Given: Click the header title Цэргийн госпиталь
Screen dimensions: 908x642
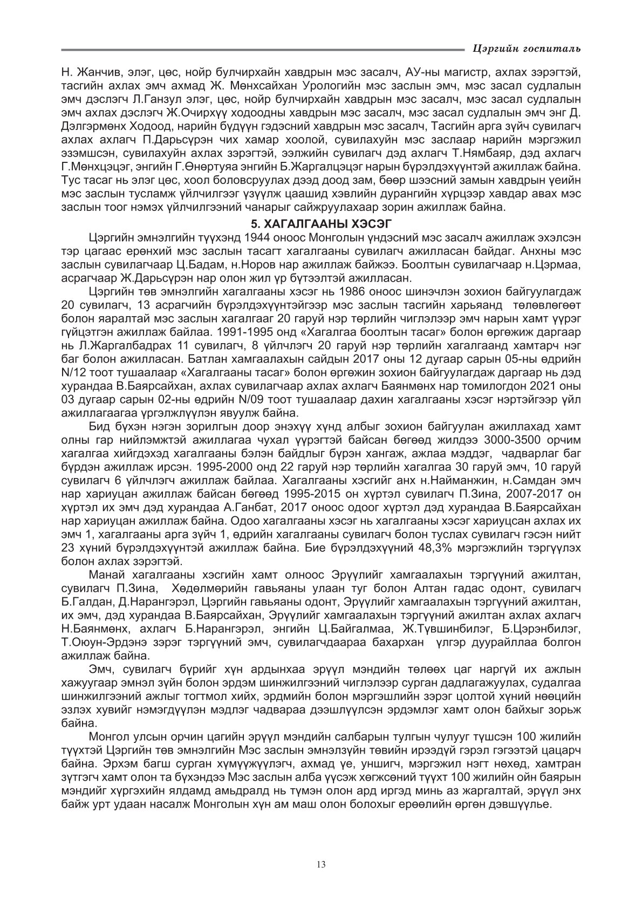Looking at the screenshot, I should pyautogui.click(x=526, y=49).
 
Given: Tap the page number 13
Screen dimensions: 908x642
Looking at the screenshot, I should pyautogui.click(x=321, y=864).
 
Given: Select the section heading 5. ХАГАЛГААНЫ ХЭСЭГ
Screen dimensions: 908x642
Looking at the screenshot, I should pyautogui.click(x=321, y=223).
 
